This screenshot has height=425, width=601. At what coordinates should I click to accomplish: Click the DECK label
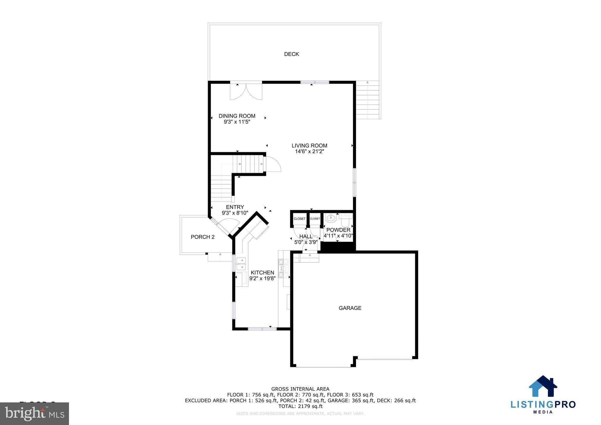pos(291,54)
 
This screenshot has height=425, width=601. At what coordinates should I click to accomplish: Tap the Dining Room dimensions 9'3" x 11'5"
pos(237,122)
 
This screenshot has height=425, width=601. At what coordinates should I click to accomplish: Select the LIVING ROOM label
pos(309,146)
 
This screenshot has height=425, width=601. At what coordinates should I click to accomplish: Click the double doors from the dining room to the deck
pos(246,92)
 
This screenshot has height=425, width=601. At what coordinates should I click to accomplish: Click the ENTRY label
pos(235,207)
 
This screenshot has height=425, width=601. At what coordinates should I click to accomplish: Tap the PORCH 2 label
pos(202,237)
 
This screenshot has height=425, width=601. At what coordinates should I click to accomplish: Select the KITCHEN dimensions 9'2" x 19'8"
pos(262,279)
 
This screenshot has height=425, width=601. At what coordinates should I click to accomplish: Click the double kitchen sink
pos(241,264)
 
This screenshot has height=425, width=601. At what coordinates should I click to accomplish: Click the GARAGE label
pos(350,308)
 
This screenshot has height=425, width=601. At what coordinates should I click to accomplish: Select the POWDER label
pos(338,230)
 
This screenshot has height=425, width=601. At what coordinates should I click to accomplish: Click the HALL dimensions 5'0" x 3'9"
pos(306,242)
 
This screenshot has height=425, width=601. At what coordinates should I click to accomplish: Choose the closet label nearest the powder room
pos(315,219)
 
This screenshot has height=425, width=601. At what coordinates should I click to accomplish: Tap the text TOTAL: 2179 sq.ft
pos(300,407)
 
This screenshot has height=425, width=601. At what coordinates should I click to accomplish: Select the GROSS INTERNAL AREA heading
pos(300,389)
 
